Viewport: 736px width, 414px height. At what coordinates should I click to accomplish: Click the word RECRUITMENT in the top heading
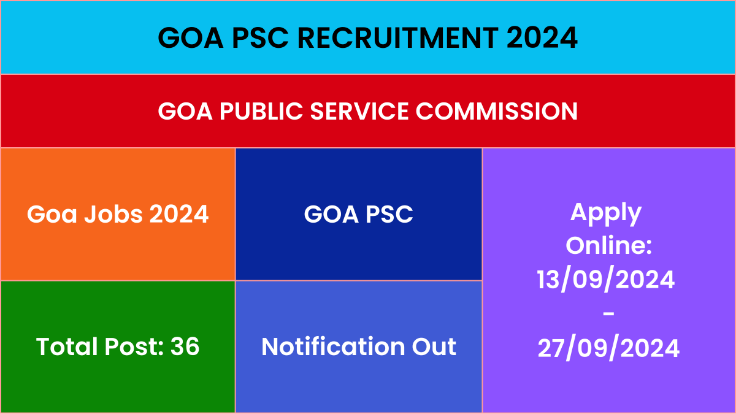pos(398,37)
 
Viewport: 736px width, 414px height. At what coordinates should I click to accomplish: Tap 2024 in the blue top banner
pos(542,37)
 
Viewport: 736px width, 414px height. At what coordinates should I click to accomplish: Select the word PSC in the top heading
pos(260,37)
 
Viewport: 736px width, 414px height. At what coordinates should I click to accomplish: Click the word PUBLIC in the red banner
pos(261,111)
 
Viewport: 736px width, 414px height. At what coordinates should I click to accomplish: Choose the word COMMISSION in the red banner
pos(496,111)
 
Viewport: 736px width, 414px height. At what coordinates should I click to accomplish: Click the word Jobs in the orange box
pos(113,215)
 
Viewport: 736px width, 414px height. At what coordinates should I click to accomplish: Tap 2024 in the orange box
pos(179,214)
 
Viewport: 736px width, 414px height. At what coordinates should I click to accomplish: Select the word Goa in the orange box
pos(52,214)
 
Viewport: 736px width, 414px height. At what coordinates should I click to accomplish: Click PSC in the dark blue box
pos(389,214)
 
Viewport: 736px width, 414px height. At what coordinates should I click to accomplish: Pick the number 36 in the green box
pos(185,347)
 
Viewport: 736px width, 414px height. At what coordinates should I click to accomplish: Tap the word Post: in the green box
pos(134,347)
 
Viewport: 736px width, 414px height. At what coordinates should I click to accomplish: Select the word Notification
pos(333,347)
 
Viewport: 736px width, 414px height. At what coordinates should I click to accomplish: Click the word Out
pos(434,347)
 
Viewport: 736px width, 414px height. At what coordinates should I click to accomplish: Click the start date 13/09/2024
pos(605,280)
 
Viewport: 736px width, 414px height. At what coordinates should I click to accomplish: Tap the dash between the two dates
pos(608,314)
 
